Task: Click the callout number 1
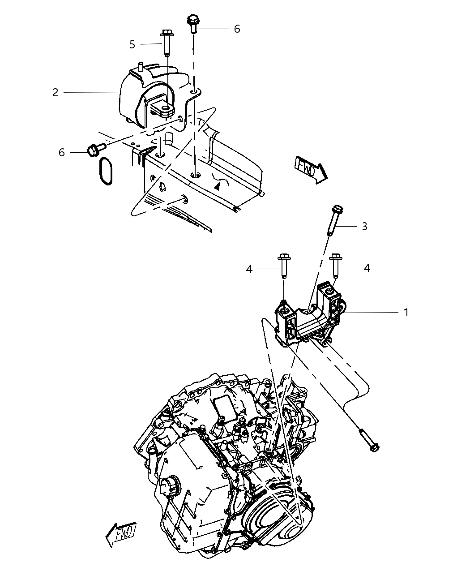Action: pyautogui.click(x=406, y=312)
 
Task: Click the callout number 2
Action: pyautogui.click(x=55, y=93)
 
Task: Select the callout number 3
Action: pyautogui.click(x=364, y=227)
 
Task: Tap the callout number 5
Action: pyautogui.click(x=132, y=44)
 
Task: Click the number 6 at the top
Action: pyautogui.click(x=237, y=29)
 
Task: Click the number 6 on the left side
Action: pyautogui.click(x=61, y=153)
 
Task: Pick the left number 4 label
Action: pyautogui.click(x=249, y=269)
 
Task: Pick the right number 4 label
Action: pyautogui.click(x=367, y=268)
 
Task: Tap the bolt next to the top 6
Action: pyautogui.click(x=193, y=23)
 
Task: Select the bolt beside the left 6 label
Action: pyautogui.click(x=95, y=149)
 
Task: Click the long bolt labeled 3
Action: pyautogui.click(x=334, y=221)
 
